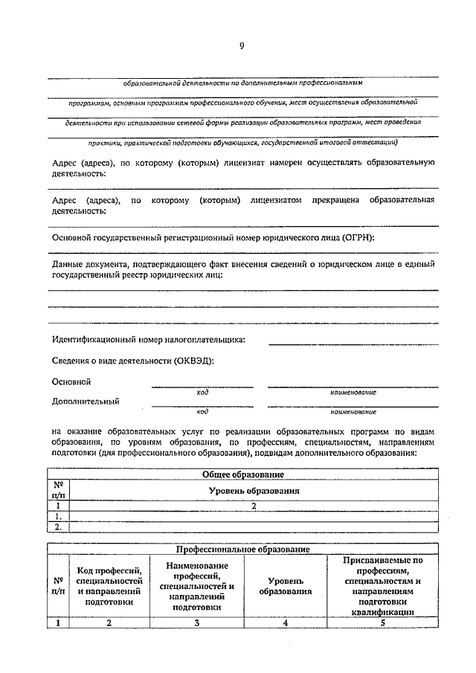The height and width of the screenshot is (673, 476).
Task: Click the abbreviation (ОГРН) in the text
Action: (353, 237)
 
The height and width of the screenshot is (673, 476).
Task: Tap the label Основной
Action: (71, 381)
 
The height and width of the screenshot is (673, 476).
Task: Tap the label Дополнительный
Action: (86, 402)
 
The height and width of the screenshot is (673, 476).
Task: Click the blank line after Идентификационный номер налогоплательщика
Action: (353, 342)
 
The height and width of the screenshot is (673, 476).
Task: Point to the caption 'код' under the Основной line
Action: (202, 392)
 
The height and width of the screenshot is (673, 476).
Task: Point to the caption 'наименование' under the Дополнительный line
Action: (353, 411)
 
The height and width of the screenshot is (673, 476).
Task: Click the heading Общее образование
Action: (242, 474)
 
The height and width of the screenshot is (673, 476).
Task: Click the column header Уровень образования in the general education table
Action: (254, 491)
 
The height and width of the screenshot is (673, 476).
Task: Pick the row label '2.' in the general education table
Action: (57, 527)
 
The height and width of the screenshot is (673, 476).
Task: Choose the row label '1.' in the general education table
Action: (57, 516)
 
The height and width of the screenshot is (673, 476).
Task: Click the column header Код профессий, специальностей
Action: (109, 586)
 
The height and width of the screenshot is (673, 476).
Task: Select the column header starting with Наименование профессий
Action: (196, 586)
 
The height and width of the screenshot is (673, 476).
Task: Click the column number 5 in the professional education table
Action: (382, 623)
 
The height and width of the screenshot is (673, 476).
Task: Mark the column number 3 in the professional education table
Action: (196, 623)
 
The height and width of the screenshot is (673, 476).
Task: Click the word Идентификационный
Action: (94, 340)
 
